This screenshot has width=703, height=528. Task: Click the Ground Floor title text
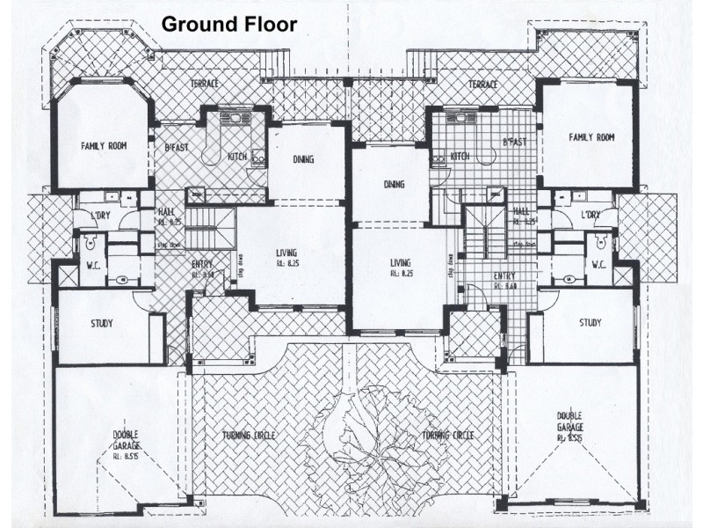coord(228,24)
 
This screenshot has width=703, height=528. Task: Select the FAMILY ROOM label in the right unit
coord(591,137)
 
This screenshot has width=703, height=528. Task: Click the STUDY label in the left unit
coord(102,323)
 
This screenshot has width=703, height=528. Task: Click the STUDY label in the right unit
coord(591,323)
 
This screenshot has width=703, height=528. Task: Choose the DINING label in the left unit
coord(302,159)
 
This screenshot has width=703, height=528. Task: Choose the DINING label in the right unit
coord(394,185)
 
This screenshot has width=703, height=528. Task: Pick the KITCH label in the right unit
coord(460,156)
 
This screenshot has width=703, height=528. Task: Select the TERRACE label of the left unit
coord(204,84)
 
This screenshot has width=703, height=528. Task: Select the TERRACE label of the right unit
coord(482,84)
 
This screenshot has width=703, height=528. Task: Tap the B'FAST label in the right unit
coord(514,141)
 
